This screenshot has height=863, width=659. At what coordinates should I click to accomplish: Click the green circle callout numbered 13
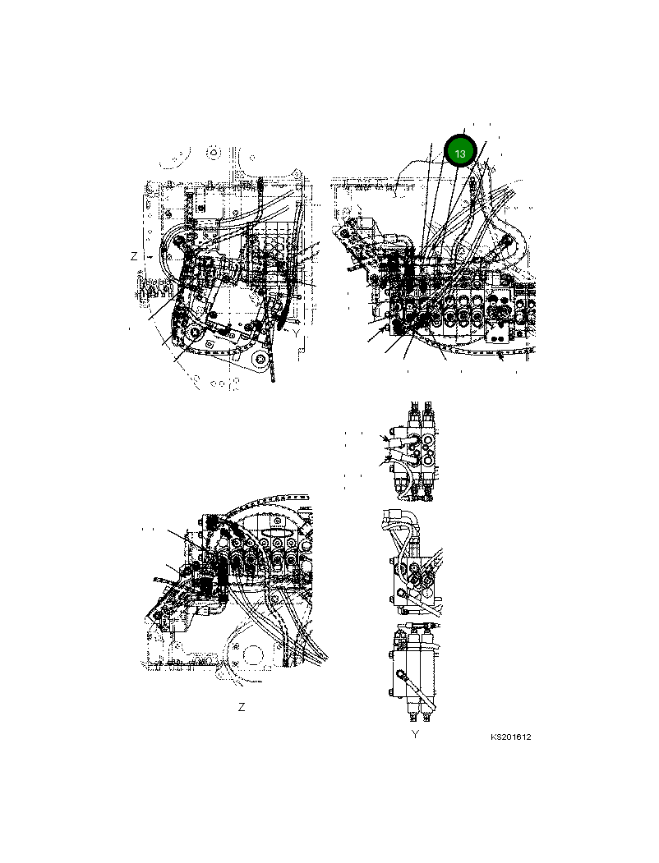tap(460, 153)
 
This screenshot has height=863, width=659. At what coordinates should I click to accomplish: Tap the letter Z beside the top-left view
tap(134, 256)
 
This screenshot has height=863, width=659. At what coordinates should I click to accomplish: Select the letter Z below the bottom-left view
tap(241, 707)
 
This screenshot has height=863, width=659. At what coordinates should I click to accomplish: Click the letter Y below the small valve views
tap(415, 734)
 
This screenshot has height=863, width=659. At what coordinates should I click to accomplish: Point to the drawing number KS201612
tap(511, 737)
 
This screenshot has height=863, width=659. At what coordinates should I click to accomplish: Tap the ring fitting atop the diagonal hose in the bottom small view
tap(403, 675)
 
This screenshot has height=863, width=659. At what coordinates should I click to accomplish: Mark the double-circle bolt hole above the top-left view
tap(214, 153)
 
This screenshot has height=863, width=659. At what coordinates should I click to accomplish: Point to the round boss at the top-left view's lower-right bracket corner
tap(261, 360)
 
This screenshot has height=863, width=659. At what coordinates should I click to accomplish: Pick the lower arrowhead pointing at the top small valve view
tap(383, 462)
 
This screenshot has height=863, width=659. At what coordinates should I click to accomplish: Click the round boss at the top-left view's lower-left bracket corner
tap(195, 333)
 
